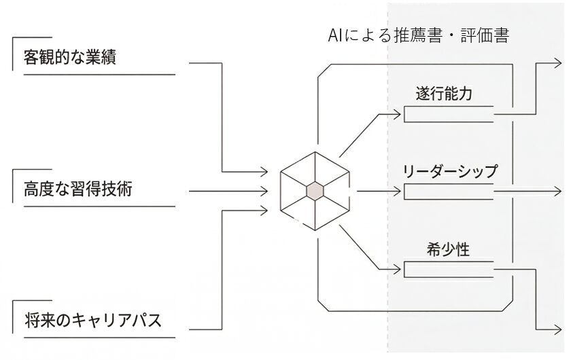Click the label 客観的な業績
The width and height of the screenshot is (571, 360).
69,57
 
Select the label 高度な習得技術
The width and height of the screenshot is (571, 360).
77,189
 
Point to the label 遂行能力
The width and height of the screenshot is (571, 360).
445,94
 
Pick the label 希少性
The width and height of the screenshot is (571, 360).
445,249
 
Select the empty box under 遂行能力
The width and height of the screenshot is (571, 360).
449,114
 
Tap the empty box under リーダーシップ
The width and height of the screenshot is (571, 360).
449,192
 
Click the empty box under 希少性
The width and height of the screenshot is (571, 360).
449,270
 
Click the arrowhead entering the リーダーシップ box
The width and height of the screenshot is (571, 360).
400,192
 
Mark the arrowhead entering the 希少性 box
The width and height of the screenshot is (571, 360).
400,270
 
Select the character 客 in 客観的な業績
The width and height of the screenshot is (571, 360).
31,57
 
